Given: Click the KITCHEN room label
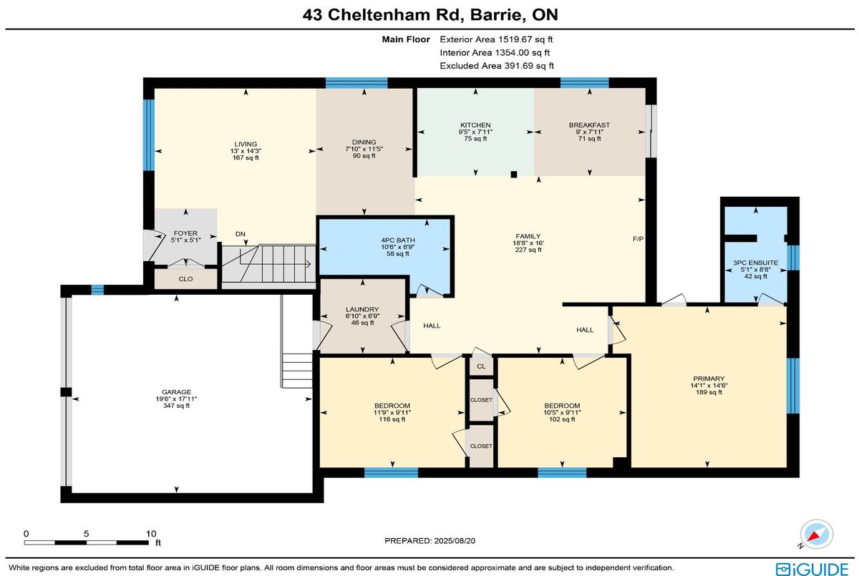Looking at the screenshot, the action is [475, 125].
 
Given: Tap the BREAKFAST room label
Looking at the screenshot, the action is [589, 125].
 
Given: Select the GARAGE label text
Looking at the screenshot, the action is [176, 392].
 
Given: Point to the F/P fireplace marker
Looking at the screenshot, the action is [638, 239].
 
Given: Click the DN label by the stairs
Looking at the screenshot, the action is [241, 234].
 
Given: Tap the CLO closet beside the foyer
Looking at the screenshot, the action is [185, 279].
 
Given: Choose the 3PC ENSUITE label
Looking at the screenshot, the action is [756, 263].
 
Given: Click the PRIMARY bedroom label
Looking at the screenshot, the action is [709, 379].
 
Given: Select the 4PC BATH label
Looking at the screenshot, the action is [398, 240].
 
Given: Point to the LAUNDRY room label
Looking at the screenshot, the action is [362, 309].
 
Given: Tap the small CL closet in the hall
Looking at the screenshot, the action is [481, 366].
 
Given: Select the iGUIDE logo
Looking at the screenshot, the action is [812, 569].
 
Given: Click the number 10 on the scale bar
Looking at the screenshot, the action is [151, 534].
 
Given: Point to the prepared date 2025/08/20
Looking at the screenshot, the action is [455, 541].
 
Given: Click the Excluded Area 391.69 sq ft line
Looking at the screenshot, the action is [497, 66].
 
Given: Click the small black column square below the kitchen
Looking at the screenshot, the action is [514, 175].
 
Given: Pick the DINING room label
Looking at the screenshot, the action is [364, 142].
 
